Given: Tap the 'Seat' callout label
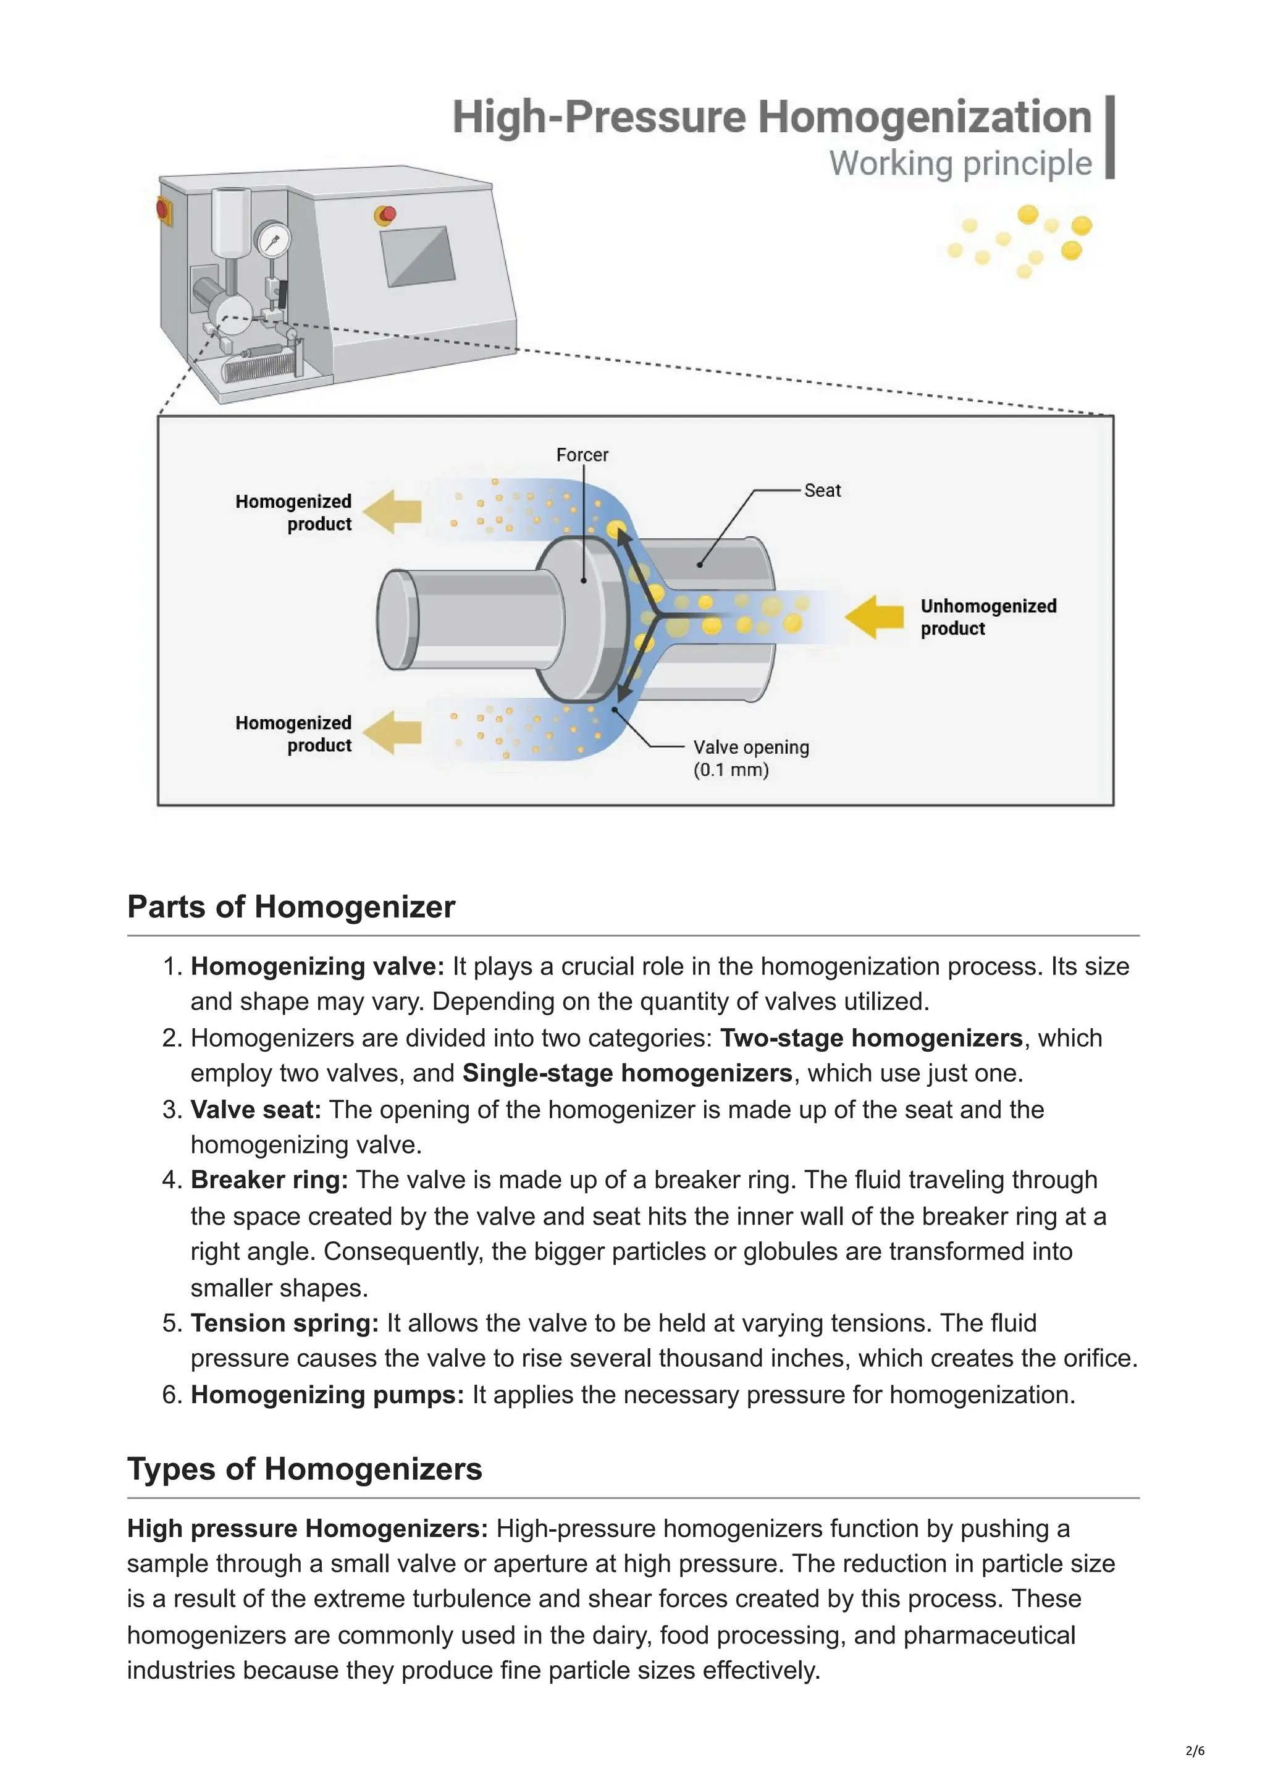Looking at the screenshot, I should pos(822,491).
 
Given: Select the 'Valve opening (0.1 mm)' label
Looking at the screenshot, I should pos(750,758).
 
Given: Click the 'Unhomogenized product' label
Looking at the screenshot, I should pos(988,617).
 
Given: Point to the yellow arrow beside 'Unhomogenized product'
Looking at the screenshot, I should pos(874,617).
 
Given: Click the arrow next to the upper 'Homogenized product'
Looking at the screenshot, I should pos(393,512).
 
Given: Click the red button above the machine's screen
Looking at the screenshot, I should pos(386,214).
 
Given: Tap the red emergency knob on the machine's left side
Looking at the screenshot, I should pos(164,208).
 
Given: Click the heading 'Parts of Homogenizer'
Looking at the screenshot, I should pos(291,906).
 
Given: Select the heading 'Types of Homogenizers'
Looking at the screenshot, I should pos(305,1469).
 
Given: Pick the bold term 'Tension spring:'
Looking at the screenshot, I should pos(285,1323).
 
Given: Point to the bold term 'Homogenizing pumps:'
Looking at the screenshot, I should pos(327,1395).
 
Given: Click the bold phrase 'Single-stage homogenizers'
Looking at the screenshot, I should pos(627,1073).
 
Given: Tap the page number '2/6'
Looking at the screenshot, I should pos(1194,1750).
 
